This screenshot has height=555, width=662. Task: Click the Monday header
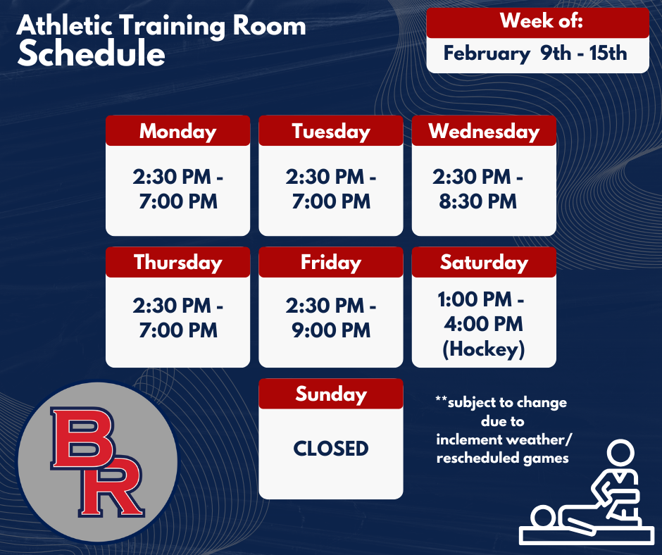177,131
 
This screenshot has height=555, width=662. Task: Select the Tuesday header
330,131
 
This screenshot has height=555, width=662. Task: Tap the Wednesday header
484,131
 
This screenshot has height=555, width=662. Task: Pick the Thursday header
177,262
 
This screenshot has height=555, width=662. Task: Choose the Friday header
330,262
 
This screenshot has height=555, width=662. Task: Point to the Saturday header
484,262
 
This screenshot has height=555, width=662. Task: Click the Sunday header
330,394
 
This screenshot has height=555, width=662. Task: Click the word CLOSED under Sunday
330,449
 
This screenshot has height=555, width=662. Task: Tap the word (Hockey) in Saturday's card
484,349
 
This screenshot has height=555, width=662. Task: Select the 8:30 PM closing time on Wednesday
478,202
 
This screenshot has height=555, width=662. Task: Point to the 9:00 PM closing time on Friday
331,330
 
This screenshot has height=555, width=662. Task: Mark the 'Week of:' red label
537,21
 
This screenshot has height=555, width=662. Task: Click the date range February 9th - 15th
535,54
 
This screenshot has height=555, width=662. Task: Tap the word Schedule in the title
92,55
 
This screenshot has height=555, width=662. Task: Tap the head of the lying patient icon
544,516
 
